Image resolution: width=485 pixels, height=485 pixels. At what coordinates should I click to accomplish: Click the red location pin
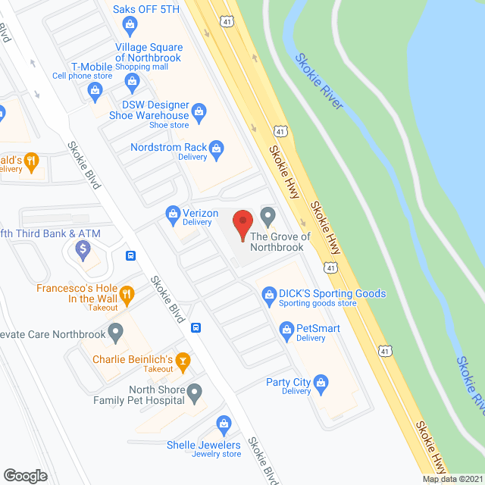click(x=242, y=225)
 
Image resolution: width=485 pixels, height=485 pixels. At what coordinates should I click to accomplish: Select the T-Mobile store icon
click(x=95, y=92)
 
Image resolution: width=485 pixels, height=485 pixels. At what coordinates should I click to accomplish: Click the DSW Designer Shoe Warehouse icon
click(x=199, y=111)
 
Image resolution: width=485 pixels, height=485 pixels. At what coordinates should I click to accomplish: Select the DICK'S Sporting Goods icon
click(x=268, y=294)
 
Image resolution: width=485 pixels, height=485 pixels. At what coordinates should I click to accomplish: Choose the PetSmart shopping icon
click(x=286, y=329)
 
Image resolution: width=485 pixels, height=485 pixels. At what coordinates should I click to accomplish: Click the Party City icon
click(x=321, y=383)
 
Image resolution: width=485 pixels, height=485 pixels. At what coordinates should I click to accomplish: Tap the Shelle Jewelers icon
click(x=224, y=424)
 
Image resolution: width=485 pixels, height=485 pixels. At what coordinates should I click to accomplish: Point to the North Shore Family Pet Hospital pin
click(x=195, y=393)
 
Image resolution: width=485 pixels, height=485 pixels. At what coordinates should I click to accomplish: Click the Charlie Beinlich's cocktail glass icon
click(x=182, y=360)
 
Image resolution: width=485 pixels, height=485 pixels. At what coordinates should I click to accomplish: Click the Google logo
click(x=25, y=476)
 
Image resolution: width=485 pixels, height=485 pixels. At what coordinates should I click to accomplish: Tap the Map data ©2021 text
click(x=452, y=479)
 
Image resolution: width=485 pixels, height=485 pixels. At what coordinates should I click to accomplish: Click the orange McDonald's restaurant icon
click(x=31, y=160)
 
